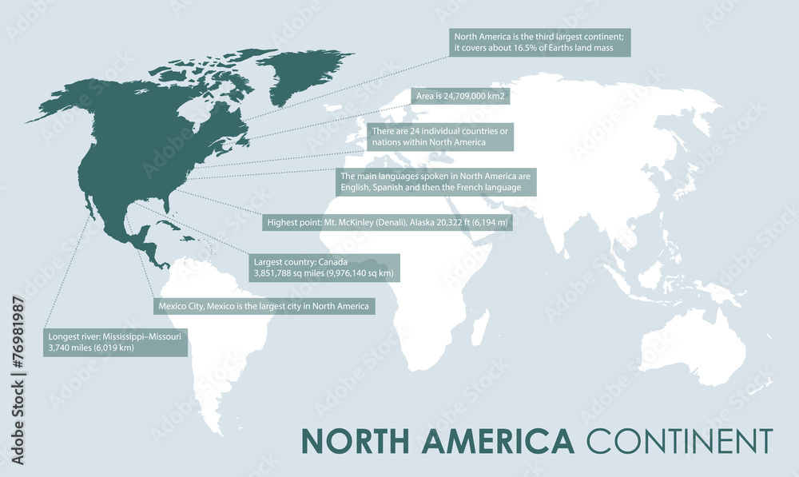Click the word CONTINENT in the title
[679, 442]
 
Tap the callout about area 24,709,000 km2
[462, 97]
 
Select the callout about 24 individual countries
[440, 137]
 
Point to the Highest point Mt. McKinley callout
[387, 222]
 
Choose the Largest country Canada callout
[324, 268]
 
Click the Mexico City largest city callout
[263, 306]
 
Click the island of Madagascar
[480, 328]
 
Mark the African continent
[415, 240]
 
